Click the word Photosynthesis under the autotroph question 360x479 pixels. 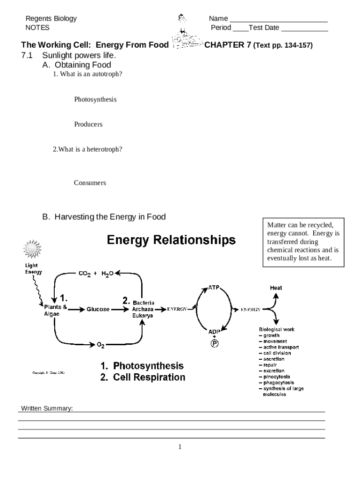tap(95, 100)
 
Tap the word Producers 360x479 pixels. tap(88, 124)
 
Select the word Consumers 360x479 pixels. tap(90, 183)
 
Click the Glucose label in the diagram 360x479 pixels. tap(98, 309)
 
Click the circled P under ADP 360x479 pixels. tap(215, 343)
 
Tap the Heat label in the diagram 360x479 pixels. tap(276, 288)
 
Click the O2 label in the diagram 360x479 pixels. tap(101, 345)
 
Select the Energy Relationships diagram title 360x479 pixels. tap(171, 240)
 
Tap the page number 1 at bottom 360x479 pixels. tap(180, 447)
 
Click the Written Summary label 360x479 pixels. tap(47, 408)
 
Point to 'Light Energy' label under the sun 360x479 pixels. tap(33, 269)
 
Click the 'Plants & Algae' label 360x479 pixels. tap(55, 311)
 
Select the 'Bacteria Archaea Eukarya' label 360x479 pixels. tap(143, 309)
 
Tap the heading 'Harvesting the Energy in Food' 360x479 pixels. tap(110, 217)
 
